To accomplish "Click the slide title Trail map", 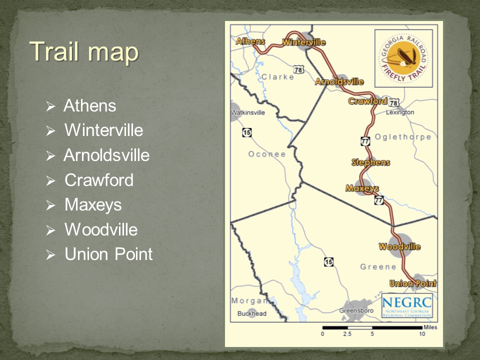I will click(x=83, y=51).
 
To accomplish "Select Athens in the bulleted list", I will click(x=90, y=106).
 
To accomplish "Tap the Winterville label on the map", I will click(x=304, y=42).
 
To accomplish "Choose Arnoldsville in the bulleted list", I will click(x=106, y=155).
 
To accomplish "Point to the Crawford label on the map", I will click(x=368, y=101).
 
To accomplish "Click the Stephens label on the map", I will click(x=370, y=162).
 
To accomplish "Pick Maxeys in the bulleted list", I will click(x=93, y=205).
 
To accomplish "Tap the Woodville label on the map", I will click(x=399, y=246).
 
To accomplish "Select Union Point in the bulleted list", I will click(x=108, y=254).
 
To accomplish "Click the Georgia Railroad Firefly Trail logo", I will click(x=403, y=58).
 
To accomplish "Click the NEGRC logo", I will click(x=406, y=306).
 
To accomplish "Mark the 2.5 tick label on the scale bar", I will click(x=347, y=334).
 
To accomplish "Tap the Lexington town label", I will click(x=400, y=112).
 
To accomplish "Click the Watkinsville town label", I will click(x=248, y=113).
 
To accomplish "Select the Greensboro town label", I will click(x=356, y=310).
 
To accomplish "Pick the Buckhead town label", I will click(x=252, y=314).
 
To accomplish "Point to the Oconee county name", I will click(x=267, y=154).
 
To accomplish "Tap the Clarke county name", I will click(x=277, y=77).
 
